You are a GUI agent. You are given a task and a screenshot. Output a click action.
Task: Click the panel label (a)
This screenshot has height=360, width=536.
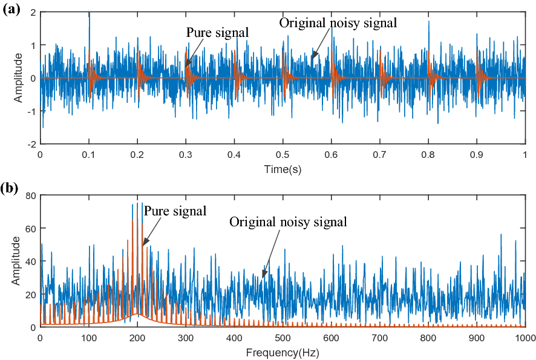pos(12,9)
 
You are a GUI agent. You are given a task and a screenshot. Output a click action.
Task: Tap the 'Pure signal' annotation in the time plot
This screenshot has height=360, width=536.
pos(217,32)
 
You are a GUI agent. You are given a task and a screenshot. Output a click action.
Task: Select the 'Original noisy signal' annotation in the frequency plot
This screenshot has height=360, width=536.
pos(288,222)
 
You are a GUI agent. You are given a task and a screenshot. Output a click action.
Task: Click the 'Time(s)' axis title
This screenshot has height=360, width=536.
pos(283,169)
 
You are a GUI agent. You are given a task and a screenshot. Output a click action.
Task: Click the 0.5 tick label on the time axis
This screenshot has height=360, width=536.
pos(283,155)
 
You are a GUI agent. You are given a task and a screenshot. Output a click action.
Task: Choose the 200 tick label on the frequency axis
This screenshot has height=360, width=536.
pos(137,338)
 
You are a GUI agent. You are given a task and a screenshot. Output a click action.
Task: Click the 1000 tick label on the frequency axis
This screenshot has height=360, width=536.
pos(525,338)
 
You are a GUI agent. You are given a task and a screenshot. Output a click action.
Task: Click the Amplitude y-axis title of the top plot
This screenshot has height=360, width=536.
pos(19,78)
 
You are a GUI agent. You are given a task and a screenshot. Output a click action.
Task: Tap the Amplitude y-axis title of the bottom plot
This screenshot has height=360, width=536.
pos(16,261)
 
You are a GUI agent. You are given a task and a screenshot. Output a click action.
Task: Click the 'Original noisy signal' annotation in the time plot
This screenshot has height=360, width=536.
pos(338,23)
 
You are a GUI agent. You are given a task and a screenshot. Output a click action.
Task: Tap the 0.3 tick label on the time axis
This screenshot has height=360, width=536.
pos(186,155)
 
